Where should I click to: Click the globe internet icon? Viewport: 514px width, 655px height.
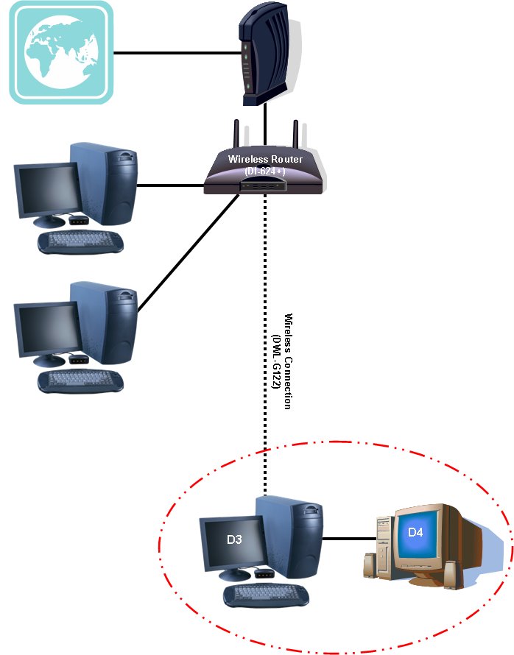click(61, 52)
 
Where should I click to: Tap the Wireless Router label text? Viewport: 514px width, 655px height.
click(265, 159)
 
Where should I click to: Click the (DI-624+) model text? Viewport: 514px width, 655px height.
click(265, 171)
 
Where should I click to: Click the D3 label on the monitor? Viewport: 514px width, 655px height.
click(234, 540)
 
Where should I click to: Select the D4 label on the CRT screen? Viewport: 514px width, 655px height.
click(415, 531)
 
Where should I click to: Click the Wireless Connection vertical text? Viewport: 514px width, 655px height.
click(289, 360)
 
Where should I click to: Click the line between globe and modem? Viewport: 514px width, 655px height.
click(177, 52)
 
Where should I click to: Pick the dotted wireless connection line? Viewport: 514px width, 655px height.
click(265, 331)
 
